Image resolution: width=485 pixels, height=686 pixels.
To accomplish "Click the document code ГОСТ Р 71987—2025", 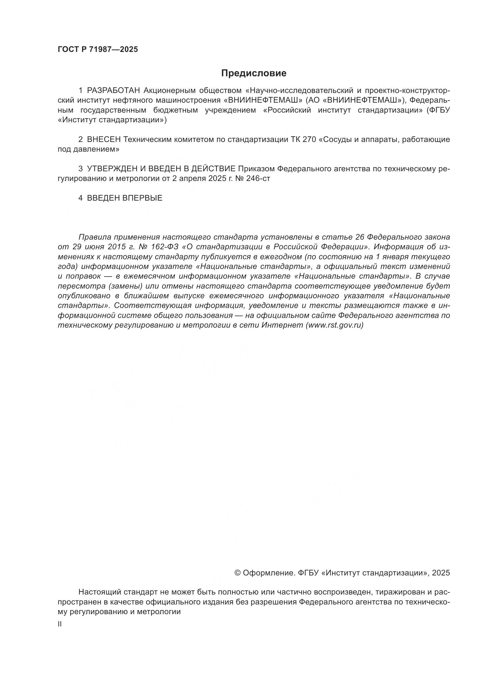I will [98, 50].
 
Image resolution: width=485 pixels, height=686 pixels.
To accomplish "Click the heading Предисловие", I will [254, 73].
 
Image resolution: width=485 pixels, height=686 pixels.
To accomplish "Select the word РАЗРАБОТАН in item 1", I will [113, 91].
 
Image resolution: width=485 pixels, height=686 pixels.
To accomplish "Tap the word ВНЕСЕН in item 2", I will [104, 140].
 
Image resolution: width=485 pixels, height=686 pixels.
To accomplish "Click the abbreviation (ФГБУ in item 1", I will [438, 110].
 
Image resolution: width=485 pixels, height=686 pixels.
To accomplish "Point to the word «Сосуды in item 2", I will [336, 140].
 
